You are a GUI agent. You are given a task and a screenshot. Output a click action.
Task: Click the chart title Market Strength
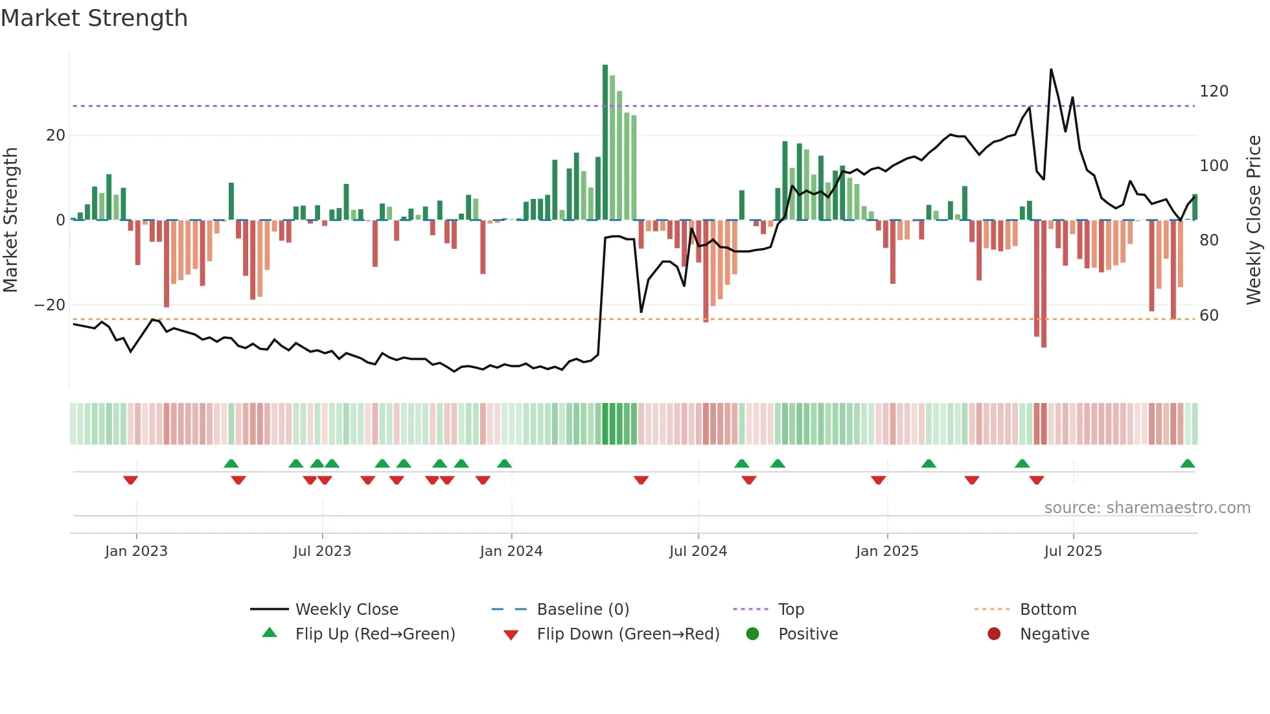click(x=94, y=18)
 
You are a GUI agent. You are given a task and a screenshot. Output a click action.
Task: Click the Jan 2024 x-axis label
click(x=511, y=551)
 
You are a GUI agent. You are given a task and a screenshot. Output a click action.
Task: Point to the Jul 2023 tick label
click(x=322, y=551)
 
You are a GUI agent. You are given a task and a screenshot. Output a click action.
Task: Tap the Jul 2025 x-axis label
click(x=1072, y=551)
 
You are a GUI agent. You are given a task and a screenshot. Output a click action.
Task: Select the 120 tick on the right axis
click(x=1213, y=91)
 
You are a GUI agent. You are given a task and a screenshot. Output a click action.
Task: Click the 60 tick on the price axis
click(x=1208, y=316)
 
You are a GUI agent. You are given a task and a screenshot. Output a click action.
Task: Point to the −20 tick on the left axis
click(x=49, y=305)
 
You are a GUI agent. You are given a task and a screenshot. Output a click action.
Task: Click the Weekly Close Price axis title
click(x=1253, y=220)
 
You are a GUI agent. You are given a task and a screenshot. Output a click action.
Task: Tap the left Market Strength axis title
click(x=11, y=220)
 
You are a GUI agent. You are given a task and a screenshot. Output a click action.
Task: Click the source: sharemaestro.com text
click(x=1147, y=508)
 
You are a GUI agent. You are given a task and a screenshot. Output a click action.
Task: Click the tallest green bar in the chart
click(x=605, y=143)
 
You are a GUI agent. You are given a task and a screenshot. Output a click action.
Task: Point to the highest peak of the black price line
click(x=1050, y=70)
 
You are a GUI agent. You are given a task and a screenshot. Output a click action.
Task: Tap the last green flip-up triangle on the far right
click(x=1187, y=464)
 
